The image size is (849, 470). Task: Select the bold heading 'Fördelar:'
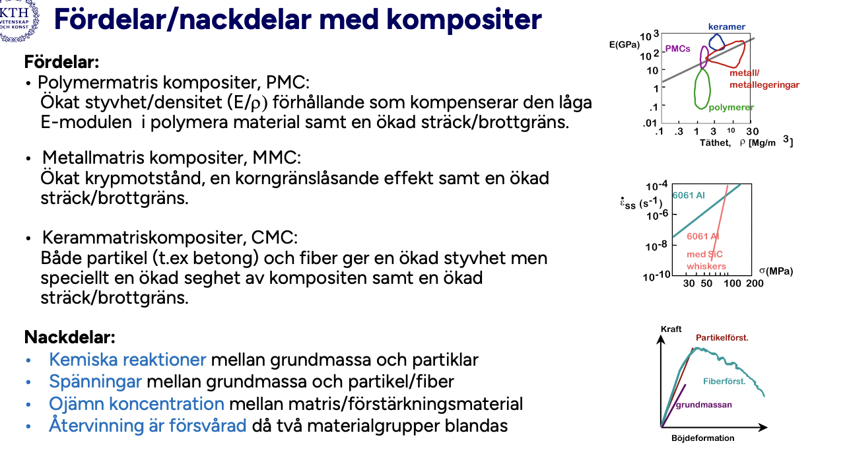click(61, 63)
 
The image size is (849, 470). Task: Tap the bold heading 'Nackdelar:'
click(69, 337)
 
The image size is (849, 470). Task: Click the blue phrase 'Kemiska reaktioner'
click(127, 360)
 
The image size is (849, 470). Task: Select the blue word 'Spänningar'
click(95, 382)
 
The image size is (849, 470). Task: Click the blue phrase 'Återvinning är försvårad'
click(148, 426)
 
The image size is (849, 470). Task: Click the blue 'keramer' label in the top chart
click(726, 27)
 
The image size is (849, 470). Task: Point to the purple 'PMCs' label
click(677, 49)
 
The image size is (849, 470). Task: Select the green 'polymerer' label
click(731, 107)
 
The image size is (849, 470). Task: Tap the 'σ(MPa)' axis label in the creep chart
click(775, 271)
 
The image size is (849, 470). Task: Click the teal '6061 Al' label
click(689, 195)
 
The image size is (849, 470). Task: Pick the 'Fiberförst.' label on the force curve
click(724, 382)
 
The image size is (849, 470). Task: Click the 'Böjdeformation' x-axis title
click(702, 438)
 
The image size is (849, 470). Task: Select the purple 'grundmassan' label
click(703, 405)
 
